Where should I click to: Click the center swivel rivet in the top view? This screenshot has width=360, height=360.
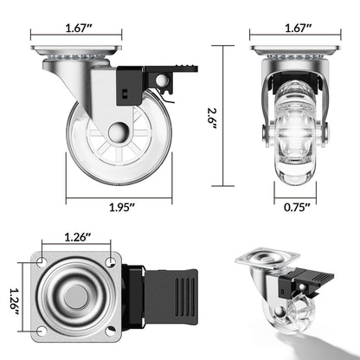pyautogui.click(x=77, y=294)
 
